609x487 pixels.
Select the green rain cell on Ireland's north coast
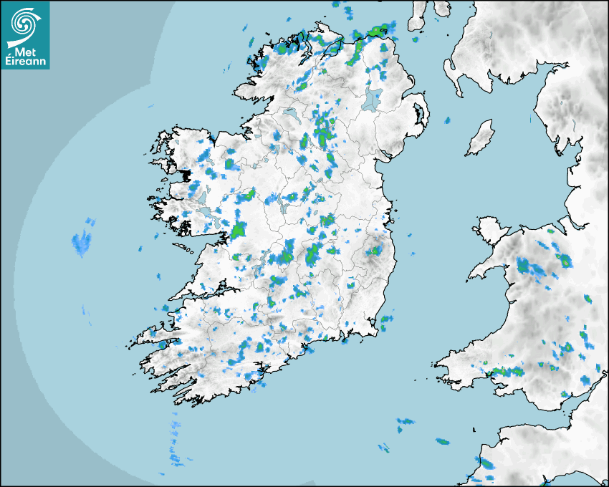click(x=375, y=30)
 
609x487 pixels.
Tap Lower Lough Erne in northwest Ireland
click(x=289, y=113)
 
